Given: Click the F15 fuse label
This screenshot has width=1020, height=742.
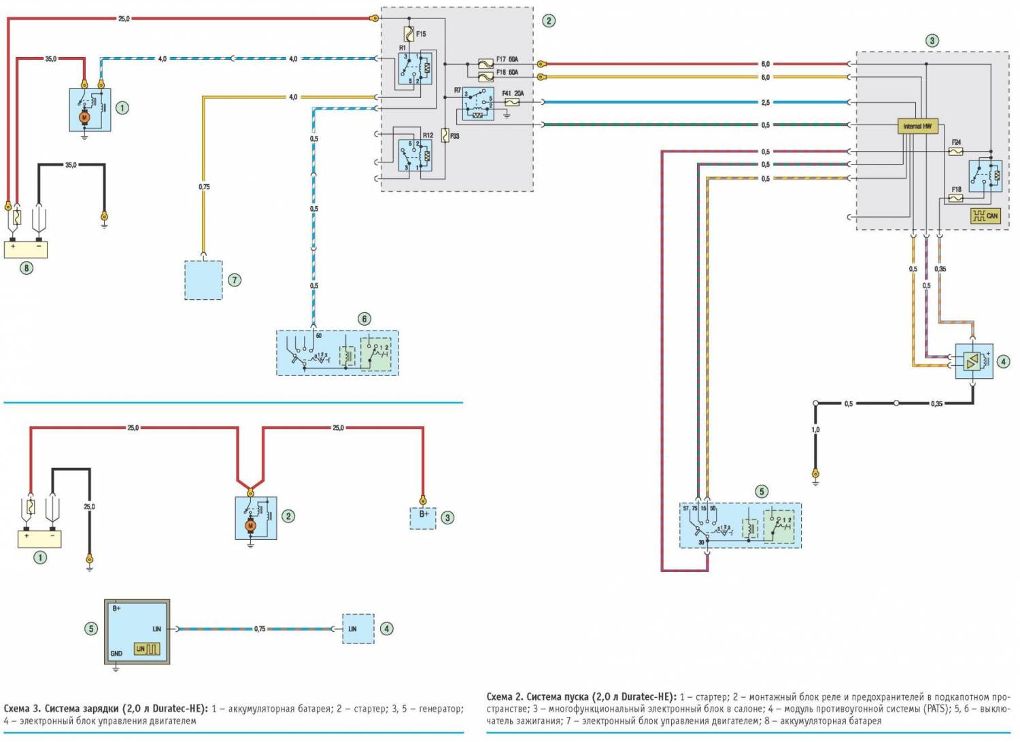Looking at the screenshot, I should (x=421, y=34).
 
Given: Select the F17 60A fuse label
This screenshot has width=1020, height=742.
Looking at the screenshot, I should (x=507, y=60).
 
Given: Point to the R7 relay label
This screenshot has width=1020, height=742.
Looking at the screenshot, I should (x=458, y=90).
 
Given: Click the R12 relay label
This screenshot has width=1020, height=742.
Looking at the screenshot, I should (x=428, y=135).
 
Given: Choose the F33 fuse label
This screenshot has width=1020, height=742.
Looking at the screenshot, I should (x=454, y=136).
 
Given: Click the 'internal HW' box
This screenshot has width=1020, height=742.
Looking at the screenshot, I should (x=917, y=127).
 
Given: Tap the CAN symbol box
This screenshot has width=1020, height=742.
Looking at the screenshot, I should (x=985, y=216).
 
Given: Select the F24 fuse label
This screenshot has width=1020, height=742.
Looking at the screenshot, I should (x=956, y=143).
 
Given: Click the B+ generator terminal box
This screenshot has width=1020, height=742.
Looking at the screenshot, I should (x=424, y=518).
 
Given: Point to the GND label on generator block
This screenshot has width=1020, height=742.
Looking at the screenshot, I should (x=116, y=654).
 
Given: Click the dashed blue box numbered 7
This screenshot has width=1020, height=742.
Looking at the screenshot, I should (x=203, y=280).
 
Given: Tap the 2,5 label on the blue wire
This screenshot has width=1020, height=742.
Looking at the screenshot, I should (x=765, y=103).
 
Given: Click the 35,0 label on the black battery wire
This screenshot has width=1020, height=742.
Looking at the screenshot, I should (x=71, y=165).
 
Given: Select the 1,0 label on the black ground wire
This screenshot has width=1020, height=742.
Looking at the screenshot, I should (x=815, y=430).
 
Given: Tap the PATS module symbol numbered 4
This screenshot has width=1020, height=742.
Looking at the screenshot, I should (x=973, y=361).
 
